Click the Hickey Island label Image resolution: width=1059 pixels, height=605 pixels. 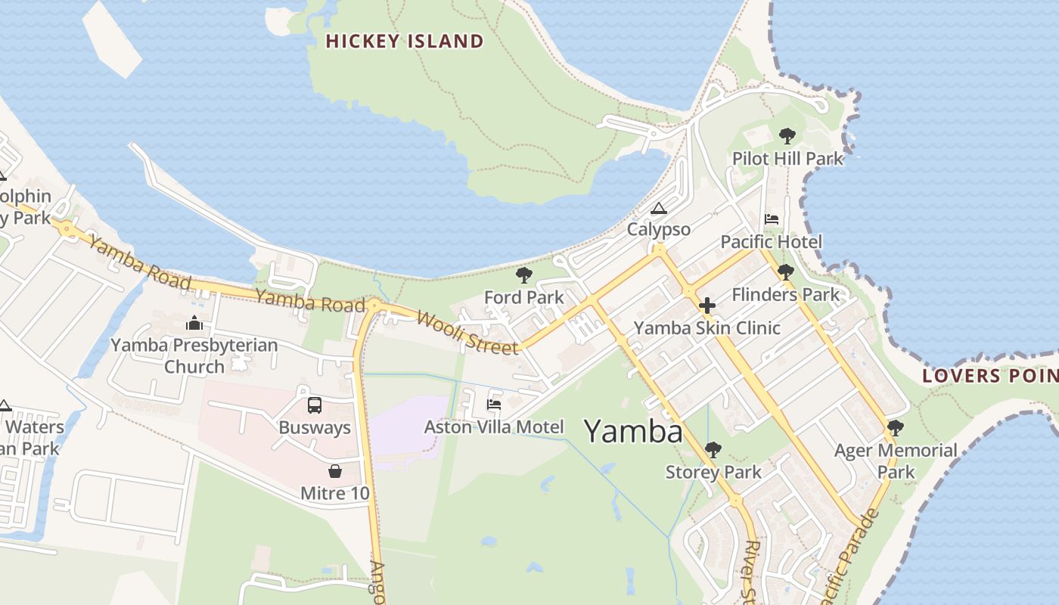pyautogui.click(x=405, y=41)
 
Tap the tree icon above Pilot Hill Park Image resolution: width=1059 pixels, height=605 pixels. pyautogui.click(x=787, y=137)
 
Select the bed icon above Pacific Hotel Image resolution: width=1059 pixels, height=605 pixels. pyautogui.click(x=772, y=219)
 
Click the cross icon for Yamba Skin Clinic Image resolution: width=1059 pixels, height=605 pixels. pyautogui.click(x=707, y=306)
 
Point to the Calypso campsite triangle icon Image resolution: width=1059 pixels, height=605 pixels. pyautogui.click(x=659, y=208)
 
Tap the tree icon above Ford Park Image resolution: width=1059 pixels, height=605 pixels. pyautogui.click(x=523, y=275)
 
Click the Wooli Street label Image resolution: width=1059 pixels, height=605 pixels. pyautogui.click(x=467, y=332)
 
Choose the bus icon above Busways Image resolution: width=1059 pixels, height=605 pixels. pyautogui.click(x=315, y=405)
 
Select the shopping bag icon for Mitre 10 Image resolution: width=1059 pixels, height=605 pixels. pyautogui.click(x=334, y=472)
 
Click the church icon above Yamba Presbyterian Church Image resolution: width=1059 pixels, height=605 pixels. pyautogui.click(x=194, y=323)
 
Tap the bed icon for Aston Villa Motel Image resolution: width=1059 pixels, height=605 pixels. pyautogui.click(x=494, y=405)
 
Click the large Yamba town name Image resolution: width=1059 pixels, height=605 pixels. pyautogui.click(x=633, y=431)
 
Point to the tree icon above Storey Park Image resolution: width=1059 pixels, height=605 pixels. pyautogui.click(x=713, y=450)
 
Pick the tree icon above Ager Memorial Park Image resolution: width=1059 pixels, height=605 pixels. pyautogui.click(x=895, y=428)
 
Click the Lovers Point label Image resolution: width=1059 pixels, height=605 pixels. pyautogui.click(x=990, y=376)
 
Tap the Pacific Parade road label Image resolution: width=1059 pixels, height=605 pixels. pyautogui.click(x=850, y=551)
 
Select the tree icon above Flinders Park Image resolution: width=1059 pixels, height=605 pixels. pyautogui.click(x=786, y=272)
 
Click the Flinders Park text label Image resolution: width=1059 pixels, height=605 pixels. pyautogui.click(x=786, y=294)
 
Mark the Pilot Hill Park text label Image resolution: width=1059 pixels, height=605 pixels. pyautogui.click(x=787, y=159)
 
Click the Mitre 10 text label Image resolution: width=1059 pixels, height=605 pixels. pyautogui.click(x=335, y=494)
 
